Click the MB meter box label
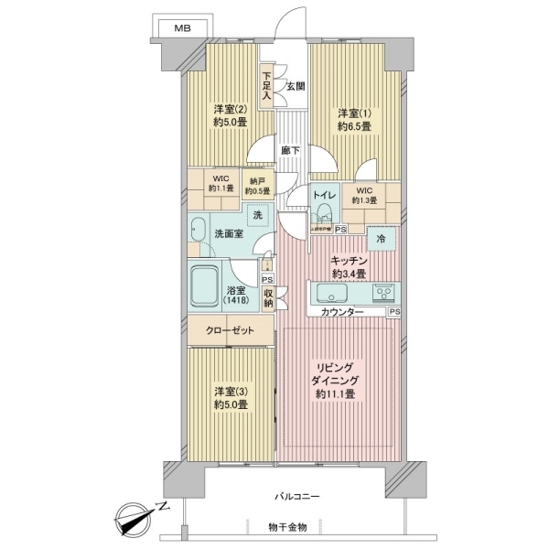183,29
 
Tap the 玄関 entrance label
295,86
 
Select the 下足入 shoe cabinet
266,85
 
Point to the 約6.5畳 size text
353,127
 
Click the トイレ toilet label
323,196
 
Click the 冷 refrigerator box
381,240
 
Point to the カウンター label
341,313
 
